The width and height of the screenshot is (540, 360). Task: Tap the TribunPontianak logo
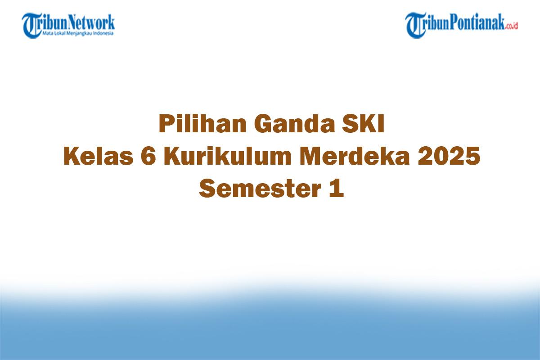click(461, 25)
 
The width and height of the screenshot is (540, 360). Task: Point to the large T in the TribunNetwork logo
click(31, 25)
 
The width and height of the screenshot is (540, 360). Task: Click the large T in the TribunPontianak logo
click(415, 25)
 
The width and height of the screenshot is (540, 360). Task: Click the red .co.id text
click(511, 27)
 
